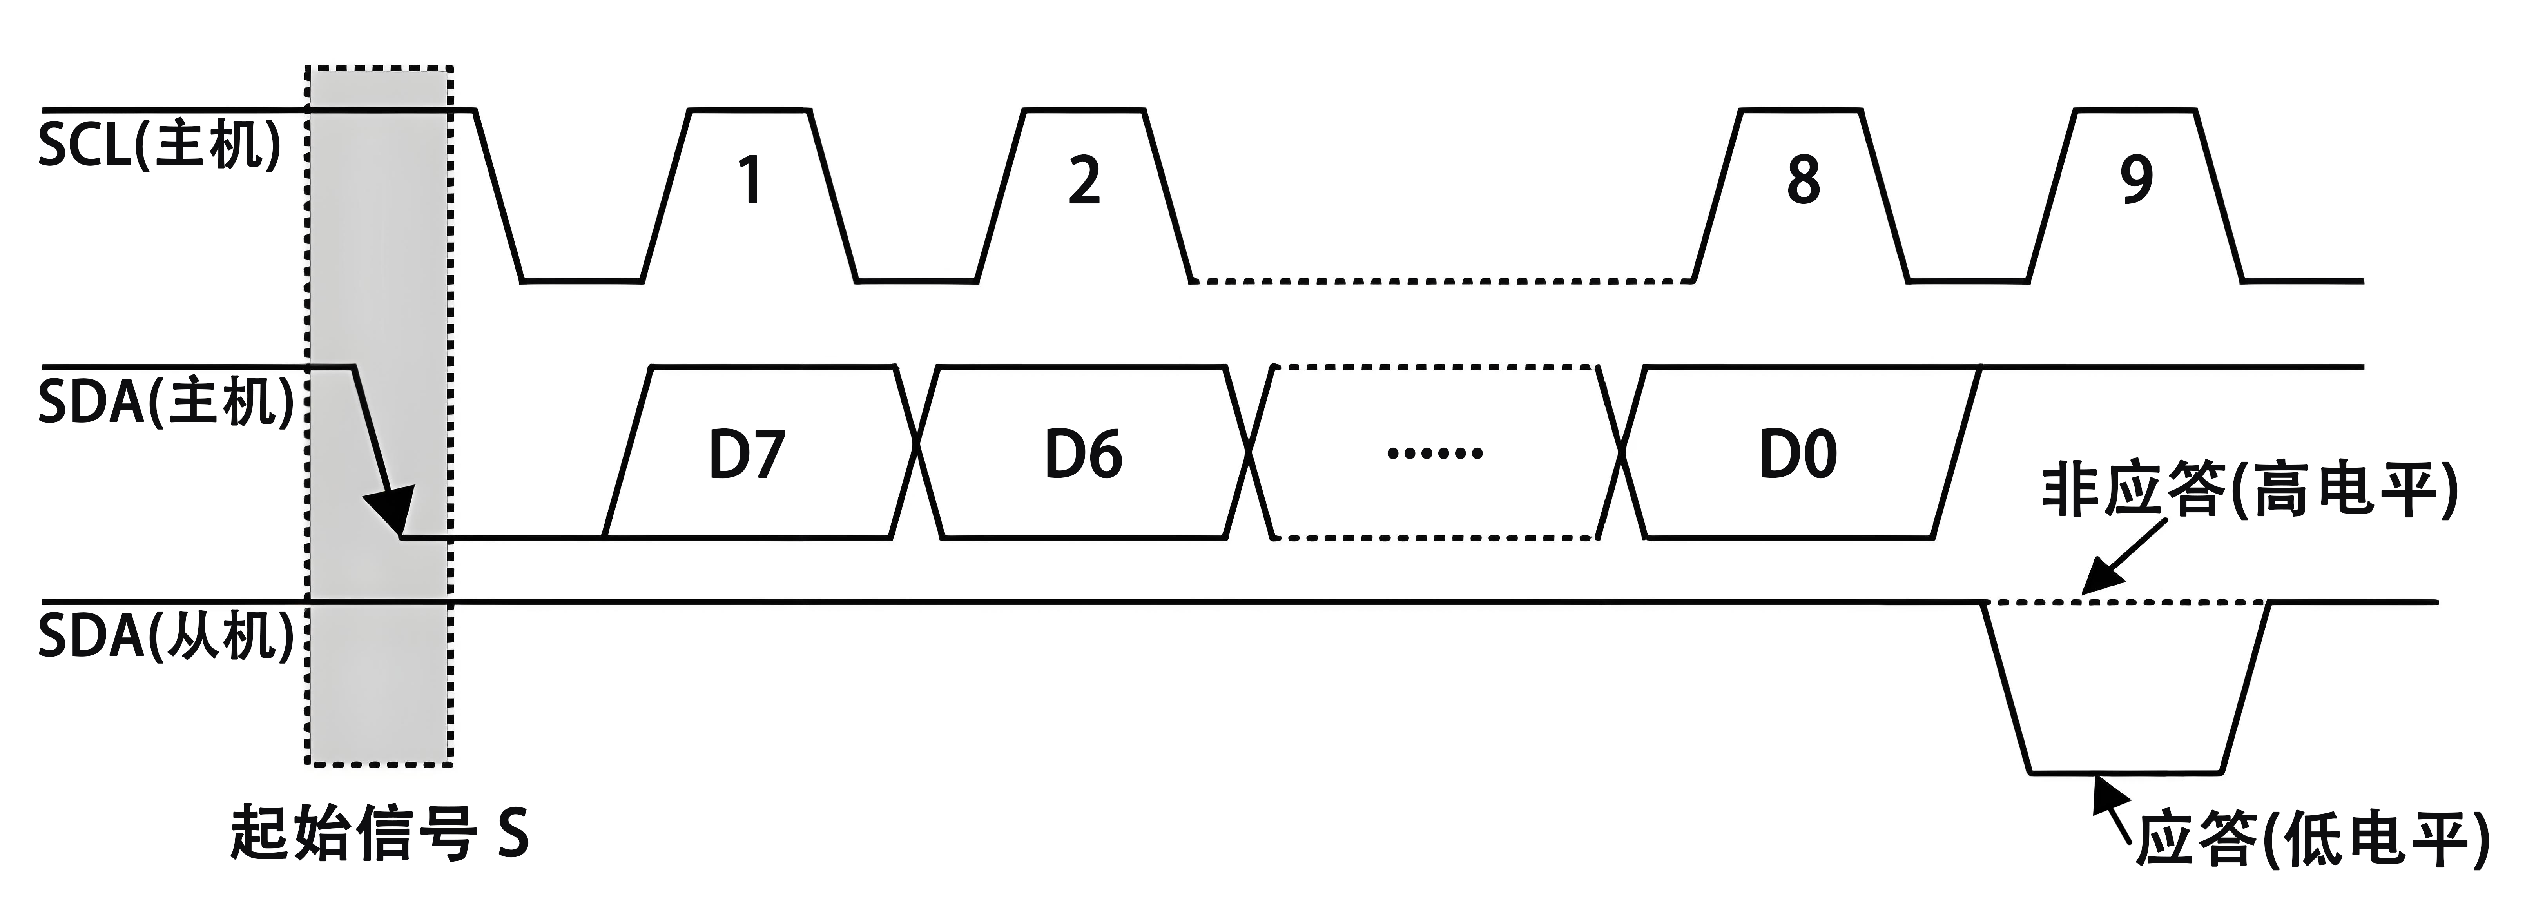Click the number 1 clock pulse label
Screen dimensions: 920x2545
click(x=750, y=181)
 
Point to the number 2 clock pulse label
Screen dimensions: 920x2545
click(x=1084, y=181)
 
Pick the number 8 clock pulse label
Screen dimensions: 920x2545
click(x=1803, y=181)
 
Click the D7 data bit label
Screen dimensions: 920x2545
click(x=747, y=455)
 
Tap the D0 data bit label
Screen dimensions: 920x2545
click(x=1798, y=455)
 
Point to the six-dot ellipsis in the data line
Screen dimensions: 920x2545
click(x=1434, y=454)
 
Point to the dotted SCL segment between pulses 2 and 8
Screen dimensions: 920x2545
click(x=1443, y=281)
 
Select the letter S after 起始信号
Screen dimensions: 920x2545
click(x=512, y=833)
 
